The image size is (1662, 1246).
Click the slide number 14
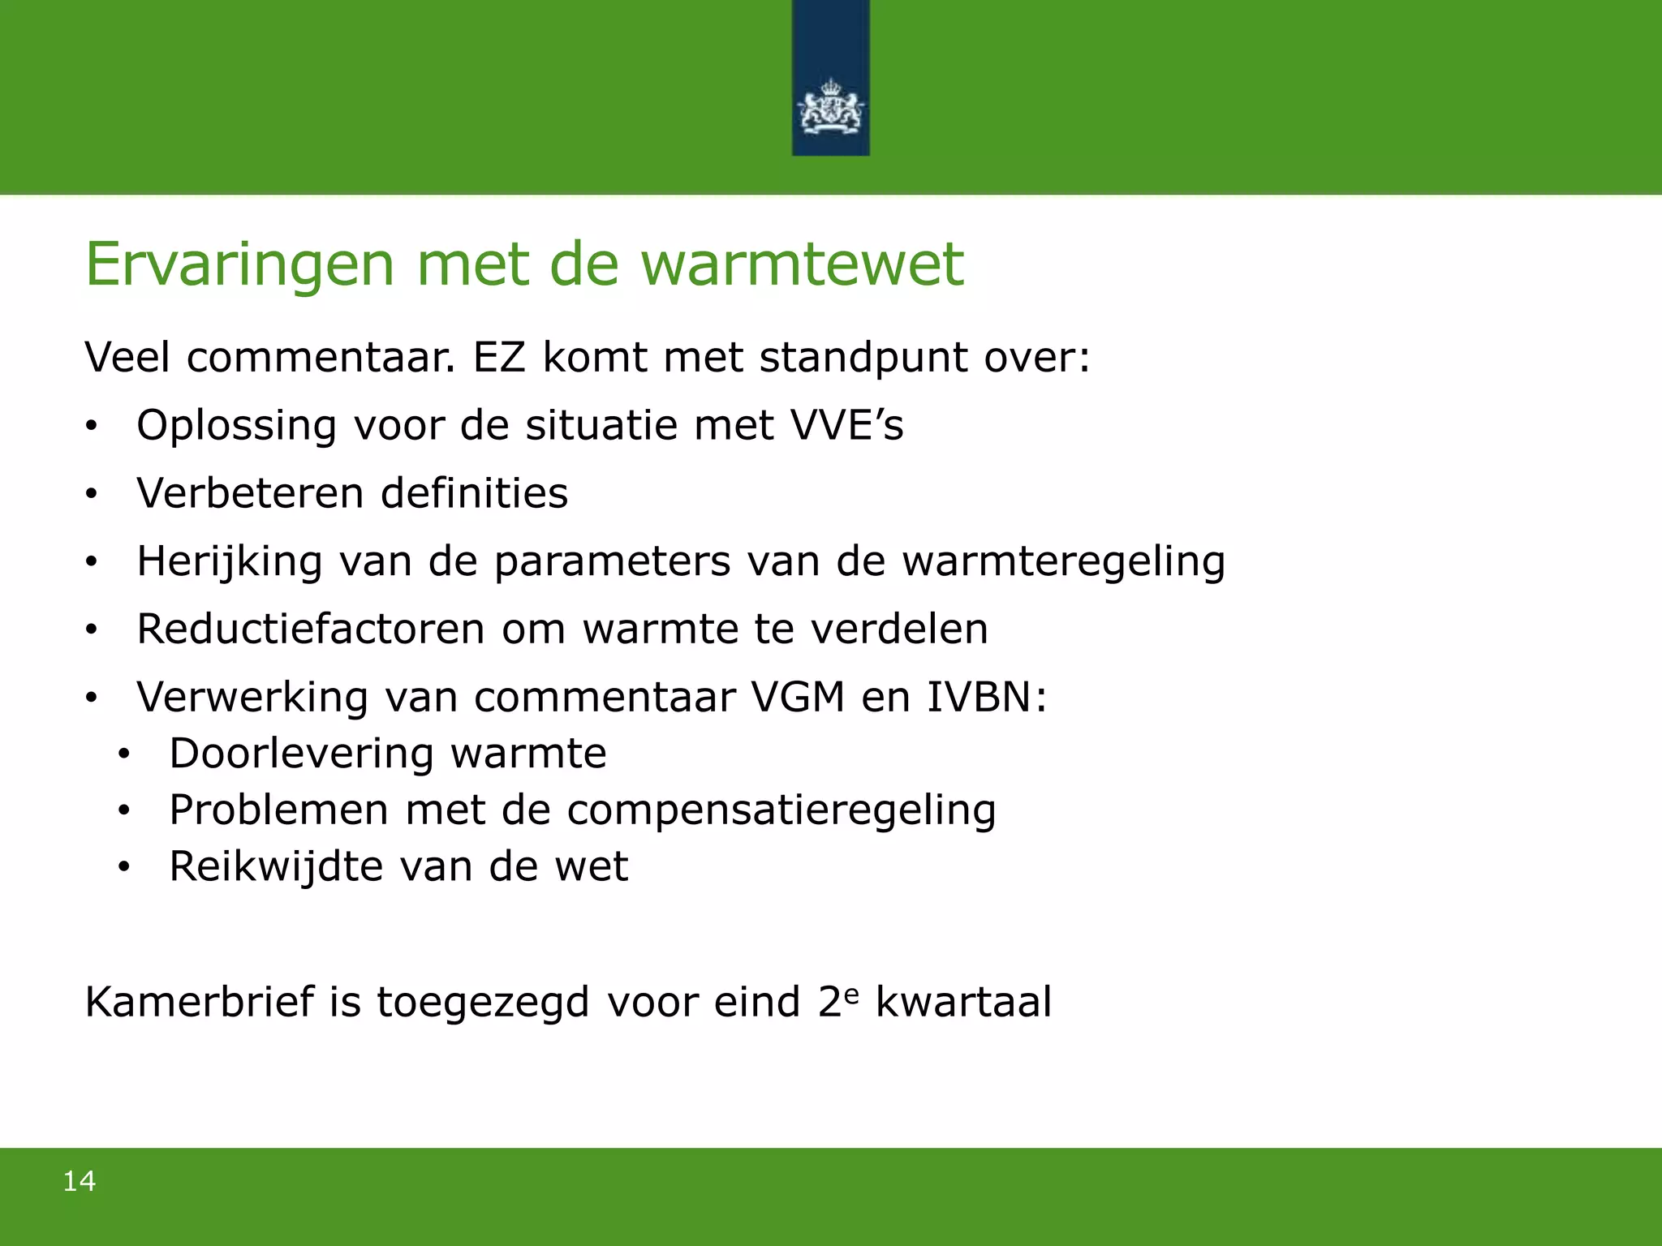pyautogui.click(x=80, y=1181)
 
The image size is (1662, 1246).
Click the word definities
pyautogui.click(x=475, y=493)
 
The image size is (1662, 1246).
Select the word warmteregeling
pyautogui.click(x=1064, y=562)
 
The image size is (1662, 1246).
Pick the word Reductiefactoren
pyautogui.click(x=311, y=629)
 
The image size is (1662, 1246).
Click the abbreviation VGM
pyautogui.click(x=799, y=697)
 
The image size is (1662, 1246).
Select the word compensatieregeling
pyautogui.click(x=781, y=810)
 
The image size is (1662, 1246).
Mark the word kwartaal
pyautogui.click(x=963, y=1002)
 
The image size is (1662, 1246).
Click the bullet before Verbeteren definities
pyautogui.click(x=92, y=494)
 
